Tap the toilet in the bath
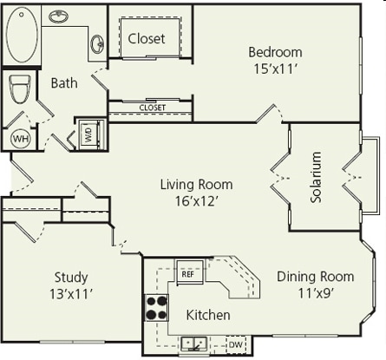pyautogui.click(x=20, y=89)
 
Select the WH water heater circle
pyautogui.click(x=19, y=137)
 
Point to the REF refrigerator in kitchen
pyautogui.click(x=188, y=273)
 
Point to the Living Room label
pyautogui.click(x=196, y=184)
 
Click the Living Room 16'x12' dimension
pyautogui.click(x=196, y=201)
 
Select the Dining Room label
pyautogui.click(x=315, y=277)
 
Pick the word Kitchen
pyautogui.click(x=208, y=315)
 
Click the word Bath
pyautogui.click(x=63, y=83)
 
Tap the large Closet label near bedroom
pyautogui.click(x=147, y=39)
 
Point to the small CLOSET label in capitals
pyautogui.click(x=152, y=108)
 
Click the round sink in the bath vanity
pyautogui.click(x=98, y=42)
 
